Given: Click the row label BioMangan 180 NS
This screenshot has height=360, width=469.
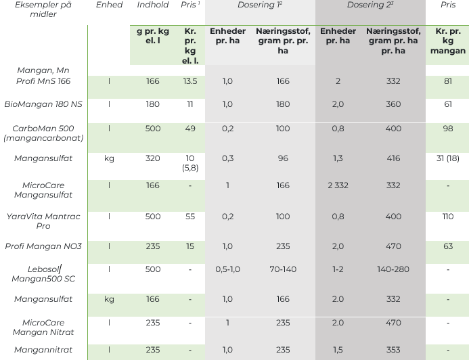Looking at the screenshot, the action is point(43,104).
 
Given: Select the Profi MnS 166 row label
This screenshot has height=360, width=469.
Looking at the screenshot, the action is point(43,81).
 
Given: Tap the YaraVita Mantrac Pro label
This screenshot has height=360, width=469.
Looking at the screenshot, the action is point(43,221).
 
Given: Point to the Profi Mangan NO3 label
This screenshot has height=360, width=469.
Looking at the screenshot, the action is point(43,246).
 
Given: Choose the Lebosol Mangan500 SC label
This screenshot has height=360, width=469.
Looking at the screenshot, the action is point(43,274).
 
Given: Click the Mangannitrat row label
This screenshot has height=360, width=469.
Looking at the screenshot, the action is point(43,350).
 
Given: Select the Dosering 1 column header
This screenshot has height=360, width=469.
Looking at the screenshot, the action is point(260,5).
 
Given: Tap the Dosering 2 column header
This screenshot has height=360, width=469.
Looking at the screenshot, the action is point(370,5).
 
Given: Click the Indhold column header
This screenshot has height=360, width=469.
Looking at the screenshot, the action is point(153,5).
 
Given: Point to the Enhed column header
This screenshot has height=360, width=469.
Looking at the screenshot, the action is point(109,5).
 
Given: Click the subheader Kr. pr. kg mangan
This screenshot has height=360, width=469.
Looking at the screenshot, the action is point(448,41).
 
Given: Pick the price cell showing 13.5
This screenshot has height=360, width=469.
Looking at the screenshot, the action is point(190,81).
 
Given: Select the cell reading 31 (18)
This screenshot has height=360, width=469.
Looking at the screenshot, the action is point(448,158).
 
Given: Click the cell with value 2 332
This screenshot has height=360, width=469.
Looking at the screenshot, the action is point(338,185).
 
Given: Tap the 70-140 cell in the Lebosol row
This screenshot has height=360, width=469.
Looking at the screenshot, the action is point(283,269).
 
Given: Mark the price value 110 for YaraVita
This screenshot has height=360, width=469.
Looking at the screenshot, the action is point(448,217).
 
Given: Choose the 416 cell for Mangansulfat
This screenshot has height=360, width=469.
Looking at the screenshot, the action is point(393,158).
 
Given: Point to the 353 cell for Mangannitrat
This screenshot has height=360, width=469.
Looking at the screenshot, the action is point(393,350).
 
